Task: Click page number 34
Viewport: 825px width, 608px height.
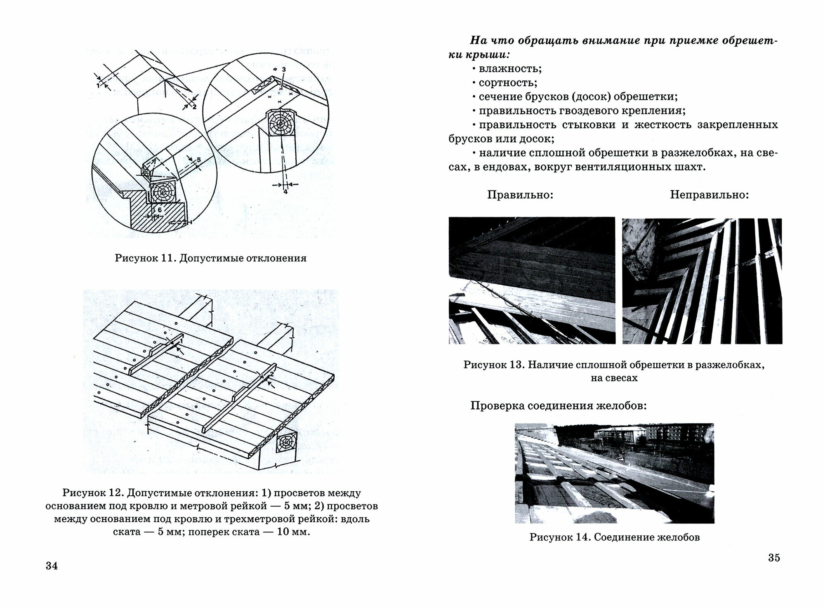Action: pos(52,566)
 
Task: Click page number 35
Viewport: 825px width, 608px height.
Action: pos(774,558)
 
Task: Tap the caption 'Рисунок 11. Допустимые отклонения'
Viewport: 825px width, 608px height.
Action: pos(210,258)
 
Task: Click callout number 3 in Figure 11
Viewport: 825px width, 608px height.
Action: pos(283,70)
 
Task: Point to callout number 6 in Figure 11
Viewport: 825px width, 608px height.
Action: pos(160,210)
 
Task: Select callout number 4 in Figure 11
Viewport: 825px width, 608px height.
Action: pos(285,191)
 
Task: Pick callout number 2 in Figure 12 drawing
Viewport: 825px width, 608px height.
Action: pos(271,374)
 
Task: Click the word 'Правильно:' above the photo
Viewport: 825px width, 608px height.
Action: pos(520,195)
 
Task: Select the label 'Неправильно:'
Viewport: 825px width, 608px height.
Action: pos(709,195)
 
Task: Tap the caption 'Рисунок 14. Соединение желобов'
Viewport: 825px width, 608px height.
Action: pos(615,537)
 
